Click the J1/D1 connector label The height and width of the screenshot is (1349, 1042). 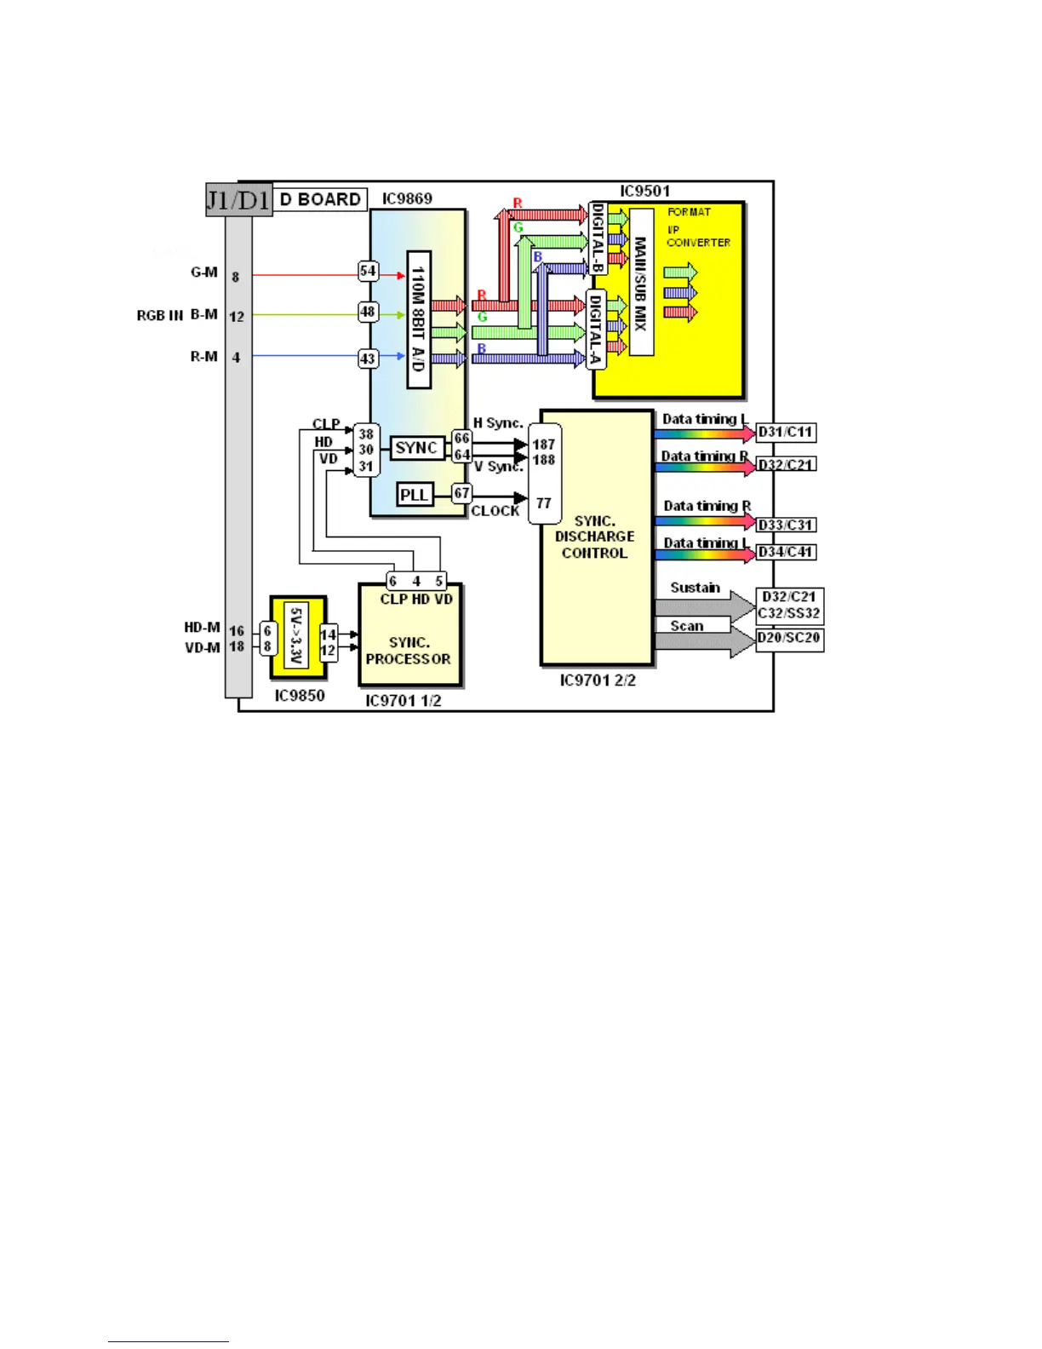click(238, 200)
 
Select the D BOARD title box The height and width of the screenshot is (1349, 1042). click(321, 199)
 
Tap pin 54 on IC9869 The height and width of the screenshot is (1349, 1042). click(368, 272)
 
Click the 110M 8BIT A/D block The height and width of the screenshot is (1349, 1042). click(418, 319)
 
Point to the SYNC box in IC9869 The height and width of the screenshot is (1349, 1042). click(416, 448)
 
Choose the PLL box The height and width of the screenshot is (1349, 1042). click(415, 495)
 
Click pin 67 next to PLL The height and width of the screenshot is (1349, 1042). click(461, 493)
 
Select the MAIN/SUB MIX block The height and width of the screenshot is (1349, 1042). click(641, 283)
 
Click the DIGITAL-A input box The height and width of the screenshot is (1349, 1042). click(596, 330)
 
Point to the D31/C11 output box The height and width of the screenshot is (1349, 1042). click(786, 433)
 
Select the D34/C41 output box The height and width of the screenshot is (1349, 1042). click(786, 552)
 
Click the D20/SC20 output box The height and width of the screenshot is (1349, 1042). click(789, 639)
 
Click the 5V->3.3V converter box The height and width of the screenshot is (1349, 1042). click(296, 636)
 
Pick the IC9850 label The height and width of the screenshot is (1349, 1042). click(300, 696)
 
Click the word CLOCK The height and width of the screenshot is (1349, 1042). click(495, 511)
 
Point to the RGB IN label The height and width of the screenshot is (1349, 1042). click(159, 316)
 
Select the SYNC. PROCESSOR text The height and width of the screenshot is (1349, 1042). click(409, 651)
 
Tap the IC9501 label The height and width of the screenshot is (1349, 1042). click(644, 192)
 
